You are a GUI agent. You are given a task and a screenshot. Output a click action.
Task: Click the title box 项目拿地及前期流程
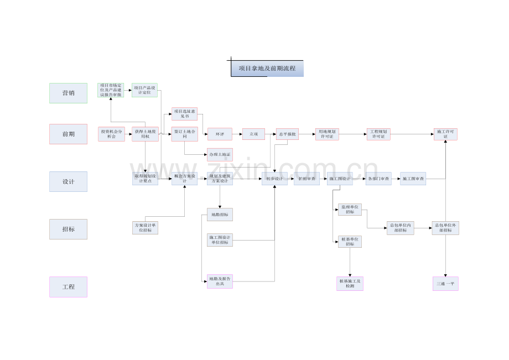pyautogui.click(x=267, y=69)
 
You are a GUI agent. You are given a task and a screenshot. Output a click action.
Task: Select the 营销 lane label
pyautogui.click(x=68, y=93)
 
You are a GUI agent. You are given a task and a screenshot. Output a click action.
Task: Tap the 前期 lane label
pyautogui.click(x=68, y=134)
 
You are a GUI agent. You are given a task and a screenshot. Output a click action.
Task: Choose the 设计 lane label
pyautogui.click(x=68, y=181)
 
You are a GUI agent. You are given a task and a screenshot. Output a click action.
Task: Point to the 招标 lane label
pyautogui.click(x=68, y=229)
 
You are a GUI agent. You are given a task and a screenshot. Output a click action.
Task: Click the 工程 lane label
pyautogui.click(x=68, y=287)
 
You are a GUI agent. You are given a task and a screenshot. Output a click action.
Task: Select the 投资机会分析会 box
pyautogui.click(x=111, y=134)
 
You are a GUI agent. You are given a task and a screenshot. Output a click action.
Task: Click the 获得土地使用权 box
pyautogui.click(x=145, y=134)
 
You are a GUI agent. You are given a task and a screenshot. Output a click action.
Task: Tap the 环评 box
pyautogui.click(x=220, y=134)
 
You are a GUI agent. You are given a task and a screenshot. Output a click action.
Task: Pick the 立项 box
pyautogui.click(x=253, y=134)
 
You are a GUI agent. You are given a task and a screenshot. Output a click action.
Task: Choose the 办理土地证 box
pyautogui.click(x=220, y=154)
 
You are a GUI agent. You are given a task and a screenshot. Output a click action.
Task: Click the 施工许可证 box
pyautogui.click(x=445, y=134)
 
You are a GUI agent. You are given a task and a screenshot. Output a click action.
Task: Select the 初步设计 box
pyautogui.click(x=274, y=179)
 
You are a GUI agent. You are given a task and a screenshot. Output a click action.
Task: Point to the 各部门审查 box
pyautogui.click(x=378, y=179)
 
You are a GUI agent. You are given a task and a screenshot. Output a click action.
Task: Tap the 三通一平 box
pyautogui.click(x=445, y=284)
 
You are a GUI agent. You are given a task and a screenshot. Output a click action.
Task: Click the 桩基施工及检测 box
pyautogui.click(x=350, y=284)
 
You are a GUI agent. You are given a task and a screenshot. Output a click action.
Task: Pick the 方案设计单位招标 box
pyautogui.click(x=145, y=227)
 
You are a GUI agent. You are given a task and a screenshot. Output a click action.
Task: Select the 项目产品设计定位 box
pyautogui.click(x=144, y=90)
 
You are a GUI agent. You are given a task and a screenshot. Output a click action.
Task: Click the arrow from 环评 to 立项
pyautogui.click(x=237, y=134)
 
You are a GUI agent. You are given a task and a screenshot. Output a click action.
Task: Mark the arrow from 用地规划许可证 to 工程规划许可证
pyautogui.click(x=353, y=134)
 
